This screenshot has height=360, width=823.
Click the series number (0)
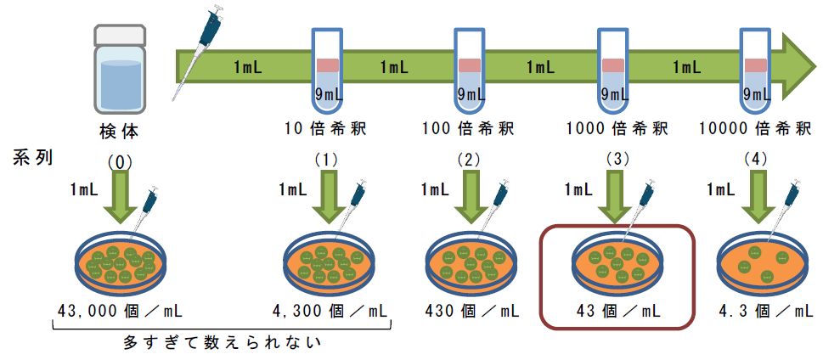click(x=121, y=159)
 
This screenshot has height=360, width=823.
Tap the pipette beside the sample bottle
click(x=198, y=51)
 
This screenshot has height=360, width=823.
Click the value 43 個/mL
click(x=617, y=311)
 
